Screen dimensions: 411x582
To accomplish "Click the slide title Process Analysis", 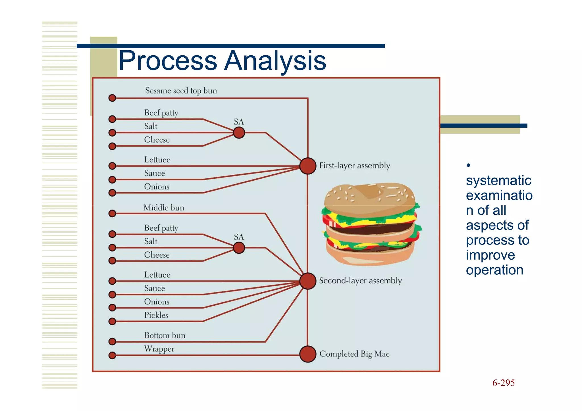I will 222,60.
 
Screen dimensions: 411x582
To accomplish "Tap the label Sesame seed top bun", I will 181,91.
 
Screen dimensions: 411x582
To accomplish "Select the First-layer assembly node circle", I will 308,166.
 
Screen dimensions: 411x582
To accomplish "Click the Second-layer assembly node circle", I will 308,281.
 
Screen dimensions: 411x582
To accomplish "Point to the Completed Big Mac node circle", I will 308,354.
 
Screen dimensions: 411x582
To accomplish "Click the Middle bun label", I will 164,208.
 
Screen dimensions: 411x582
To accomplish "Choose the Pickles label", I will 156,315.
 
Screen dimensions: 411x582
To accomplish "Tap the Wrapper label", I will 159,349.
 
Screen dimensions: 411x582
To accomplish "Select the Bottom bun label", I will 165,335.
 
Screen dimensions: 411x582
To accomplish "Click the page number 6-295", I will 503,383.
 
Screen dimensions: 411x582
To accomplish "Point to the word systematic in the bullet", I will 498,180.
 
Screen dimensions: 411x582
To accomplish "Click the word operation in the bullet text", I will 494,270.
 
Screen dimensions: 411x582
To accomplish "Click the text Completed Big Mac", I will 354,354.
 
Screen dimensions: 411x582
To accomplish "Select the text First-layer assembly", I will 355,165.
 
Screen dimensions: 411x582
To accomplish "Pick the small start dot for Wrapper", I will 112,355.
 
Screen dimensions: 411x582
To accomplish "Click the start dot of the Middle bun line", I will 112,213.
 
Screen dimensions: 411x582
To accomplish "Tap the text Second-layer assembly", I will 360,281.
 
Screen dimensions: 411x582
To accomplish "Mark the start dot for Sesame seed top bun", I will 112,98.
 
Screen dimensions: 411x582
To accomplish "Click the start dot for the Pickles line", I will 112,321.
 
